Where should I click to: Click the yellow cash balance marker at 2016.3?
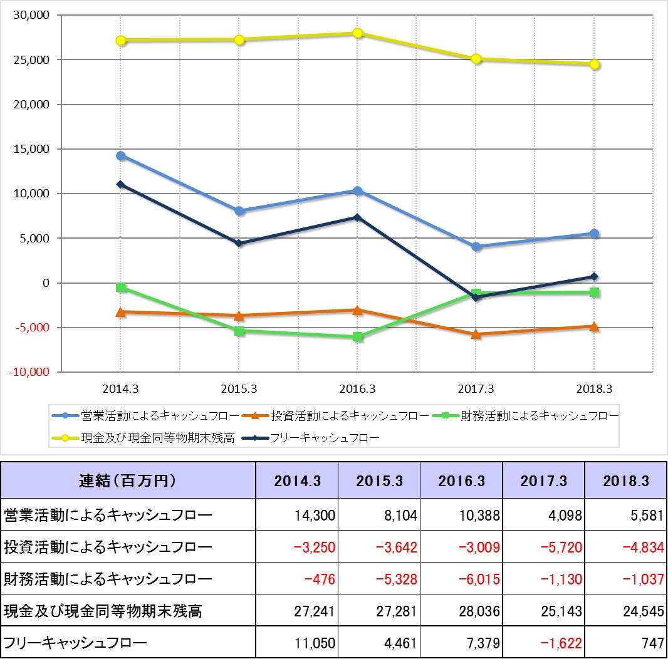[357, 33]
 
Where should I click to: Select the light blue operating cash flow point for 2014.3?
[121, 156]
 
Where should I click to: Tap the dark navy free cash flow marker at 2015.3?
[239, 243]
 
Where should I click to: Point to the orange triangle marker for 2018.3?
[594, 326]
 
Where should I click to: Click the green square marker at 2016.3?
[357, 337]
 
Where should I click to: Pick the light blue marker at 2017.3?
[476, 247]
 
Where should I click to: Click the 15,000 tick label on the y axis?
[30, 149]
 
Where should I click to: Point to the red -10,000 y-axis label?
[28, 372]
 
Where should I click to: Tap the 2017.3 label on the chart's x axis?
[476, 389]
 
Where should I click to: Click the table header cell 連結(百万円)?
[128, 481]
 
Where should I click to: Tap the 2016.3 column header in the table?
[462, 481]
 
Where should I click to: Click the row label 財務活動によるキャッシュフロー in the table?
[108, 579]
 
